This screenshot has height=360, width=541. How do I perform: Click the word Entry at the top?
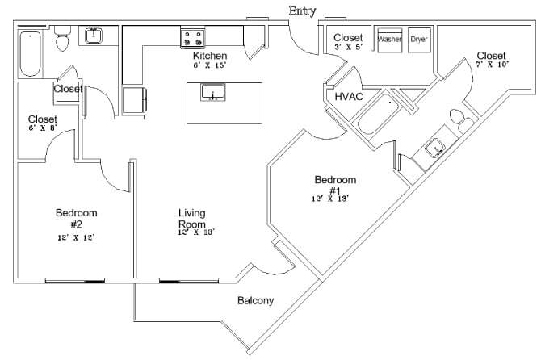302,10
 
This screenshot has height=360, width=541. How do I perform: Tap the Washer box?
390,40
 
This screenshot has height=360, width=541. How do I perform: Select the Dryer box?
419,40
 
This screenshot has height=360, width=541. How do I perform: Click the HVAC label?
349,96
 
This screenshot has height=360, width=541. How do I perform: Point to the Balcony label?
255,301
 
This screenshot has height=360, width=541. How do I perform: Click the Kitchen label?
209,56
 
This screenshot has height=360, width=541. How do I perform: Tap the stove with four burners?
192,37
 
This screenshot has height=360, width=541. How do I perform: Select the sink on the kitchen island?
212,94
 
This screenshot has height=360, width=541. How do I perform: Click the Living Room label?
192,218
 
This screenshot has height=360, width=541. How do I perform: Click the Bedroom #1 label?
335,185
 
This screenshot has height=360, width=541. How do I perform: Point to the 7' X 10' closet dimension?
492,65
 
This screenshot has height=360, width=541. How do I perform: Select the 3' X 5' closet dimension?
348,48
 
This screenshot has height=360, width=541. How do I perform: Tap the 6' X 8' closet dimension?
42,128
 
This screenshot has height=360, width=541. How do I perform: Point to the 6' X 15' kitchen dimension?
209,65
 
